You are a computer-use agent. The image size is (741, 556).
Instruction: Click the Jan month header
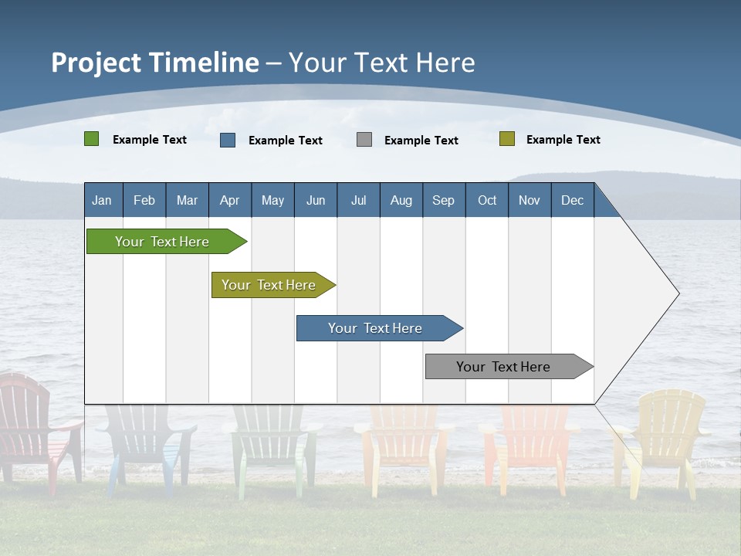tap(103, 200)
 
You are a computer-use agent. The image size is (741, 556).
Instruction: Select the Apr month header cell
tap(230, 200)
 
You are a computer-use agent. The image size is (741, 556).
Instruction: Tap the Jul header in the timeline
tap(358, 200)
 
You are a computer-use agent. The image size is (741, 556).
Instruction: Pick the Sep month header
tap(444, 200)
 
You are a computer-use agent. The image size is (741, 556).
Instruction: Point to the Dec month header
tap(572, 200)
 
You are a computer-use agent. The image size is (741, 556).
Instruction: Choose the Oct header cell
tap(487, 200)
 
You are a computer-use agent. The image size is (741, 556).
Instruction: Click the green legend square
tap(92, 139)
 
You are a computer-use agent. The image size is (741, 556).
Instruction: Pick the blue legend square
tap(228, 140)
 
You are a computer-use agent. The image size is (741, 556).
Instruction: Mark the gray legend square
tap(364, 140)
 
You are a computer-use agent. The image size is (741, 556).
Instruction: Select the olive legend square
tap(506, 139)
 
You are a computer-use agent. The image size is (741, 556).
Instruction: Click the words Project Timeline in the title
tap(155, 63)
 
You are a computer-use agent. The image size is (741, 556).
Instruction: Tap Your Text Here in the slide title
tap(382, 63)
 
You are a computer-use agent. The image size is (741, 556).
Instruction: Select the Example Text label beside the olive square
tap(563, 139)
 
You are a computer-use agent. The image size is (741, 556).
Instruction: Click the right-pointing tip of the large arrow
tap(677, 293)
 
